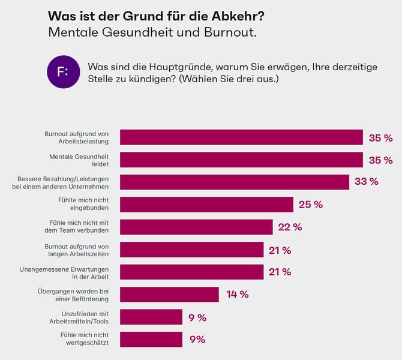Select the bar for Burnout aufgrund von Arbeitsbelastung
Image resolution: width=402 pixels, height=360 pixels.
(x=241, y=137)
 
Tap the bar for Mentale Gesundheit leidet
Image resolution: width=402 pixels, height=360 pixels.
(x=241, y=160)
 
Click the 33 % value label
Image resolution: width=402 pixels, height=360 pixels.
(x=366, y=182)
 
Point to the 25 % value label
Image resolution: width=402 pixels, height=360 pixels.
(x=310, y=205)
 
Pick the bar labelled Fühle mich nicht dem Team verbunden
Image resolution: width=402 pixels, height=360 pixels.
(x=196, y=227)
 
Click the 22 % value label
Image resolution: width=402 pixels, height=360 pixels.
(x=289, y=227)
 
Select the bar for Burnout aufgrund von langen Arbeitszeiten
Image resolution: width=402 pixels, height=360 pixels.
(x=191, y=250)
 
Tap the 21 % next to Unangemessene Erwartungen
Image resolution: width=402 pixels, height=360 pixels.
(x=279, y=272)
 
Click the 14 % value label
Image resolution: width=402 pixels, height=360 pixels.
(x=237, y=295)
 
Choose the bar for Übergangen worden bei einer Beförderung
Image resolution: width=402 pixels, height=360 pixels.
(x=169, y=295)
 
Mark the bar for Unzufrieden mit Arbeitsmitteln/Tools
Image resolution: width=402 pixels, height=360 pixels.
(x=151, y=317)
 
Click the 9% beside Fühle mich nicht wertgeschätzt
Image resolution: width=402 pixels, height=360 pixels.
(x=197, y=340)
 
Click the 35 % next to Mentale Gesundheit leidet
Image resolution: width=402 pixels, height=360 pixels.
(x=380, y=160)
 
